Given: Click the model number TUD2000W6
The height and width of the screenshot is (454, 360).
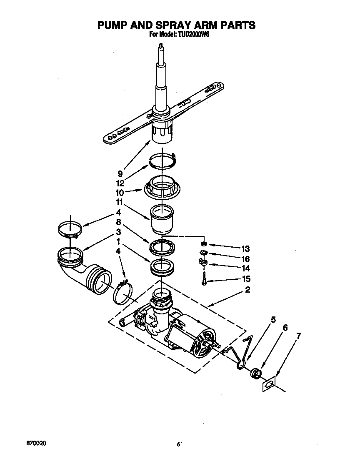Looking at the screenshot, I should point(191,35).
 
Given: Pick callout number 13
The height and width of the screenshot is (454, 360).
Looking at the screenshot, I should point(245,249).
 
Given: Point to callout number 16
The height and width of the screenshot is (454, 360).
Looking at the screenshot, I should point(245,259).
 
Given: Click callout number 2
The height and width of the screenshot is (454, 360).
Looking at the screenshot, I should point(247,290).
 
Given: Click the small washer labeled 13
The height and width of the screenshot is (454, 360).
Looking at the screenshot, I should point(204,244).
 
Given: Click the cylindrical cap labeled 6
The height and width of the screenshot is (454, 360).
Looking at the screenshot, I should point(256,372).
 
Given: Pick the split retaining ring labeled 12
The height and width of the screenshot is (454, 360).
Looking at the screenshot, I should point(163,162).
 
